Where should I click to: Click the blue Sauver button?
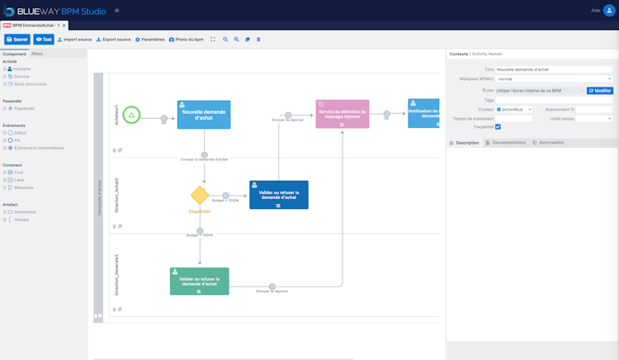point(17,39)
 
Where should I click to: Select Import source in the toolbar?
point(74,39)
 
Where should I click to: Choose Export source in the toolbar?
point(114,39)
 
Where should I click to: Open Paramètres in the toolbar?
point(150,39)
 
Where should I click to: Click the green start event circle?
point(133,115)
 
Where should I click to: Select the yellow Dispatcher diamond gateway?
point(200,195)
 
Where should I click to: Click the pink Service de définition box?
point(343,114)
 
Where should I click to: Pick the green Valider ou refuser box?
point(199,281)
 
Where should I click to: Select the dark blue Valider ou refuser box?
point(279,195)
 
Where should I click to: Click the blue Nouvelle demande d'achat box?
point(204,115)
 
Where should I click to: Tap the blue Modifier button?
point(599,90)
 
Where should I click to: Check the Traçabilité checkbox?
point(498,126)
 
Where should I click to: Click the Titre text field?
point(553,69)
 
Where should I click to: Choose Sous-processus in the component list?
point(30,83)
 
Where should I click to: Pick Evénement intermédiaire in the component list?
point(38,148)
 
